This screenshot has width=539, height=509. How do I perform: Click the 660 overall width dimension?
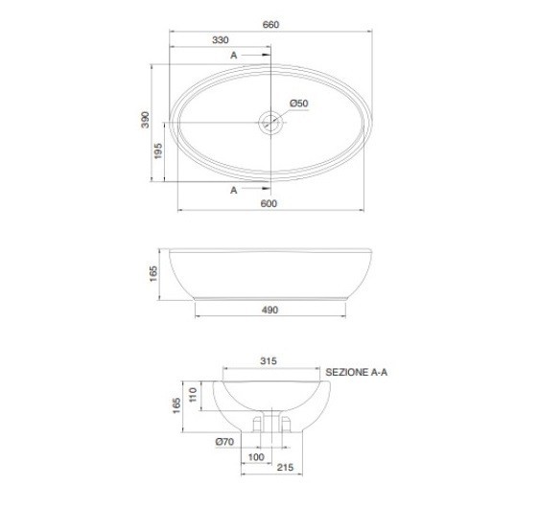tap(270, 25)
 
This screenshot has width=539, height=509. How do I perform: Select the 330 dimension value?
tap(221, 40)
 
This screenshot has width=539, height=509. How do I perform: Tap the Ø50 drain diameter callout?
tap(298, 104)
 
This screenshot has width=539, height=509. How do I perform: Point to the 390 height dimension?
tap(146, 120)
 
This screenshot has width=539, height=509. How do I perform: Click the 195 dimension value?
tap(158, 151)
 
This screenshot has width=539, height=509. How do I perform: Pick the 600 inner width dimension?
tap(269, 203)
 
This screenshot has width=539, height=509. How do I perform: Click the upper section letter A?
tap(234, 56)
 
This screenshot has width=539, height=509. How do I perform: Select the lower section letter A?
tap(234, 190)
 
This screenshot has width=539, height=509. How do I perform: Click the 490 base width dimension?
tap(269, 311)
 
